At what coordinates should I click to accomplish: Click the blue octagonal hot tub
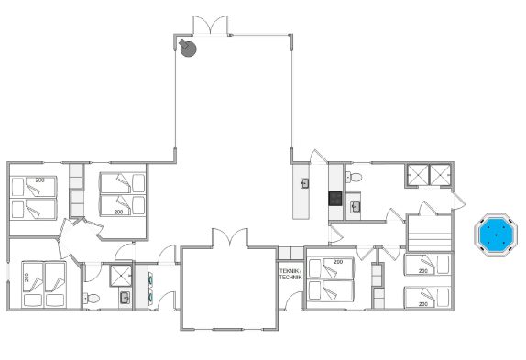(496, 235)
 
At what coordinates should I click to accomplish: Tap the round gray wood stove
(188, 49)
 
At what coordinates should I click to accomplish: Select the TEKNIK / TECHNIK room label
(290, 274)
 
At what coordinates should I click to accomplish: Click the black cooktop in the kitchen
(335, 199)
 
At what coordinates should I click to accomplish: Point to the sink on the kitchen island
(305, 183)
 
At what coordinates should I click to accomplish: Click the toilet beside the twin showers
(354, 177)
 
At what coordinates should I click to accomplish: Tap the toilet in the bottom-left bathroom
(92, 298)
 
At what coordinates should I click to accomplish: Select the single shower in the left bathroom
(120, 276)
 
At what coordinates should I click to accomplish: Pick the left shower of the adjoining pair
(418, 174)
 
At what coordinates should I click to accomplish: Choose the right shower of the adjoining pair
(440, 174)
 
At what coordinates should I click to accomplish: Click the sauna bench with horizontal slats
(429, 233)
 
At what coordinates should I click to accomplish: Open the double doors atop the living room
(211, 25)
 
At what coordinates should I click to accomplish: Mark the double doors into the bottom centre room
(230, 237)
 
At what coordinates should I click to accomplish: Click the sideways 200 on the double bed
(27, 278)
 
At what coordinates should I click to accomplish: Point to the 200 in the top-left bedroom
(40, 180)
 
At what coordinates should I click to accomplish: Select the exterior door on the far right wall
(458, 200)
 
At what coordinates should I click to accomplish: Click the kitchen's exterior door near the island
(318, 157)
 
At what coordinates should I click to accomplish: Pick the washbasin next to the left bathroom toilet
(125, 298)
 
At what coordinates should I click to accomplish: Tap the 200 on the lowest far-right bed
(423, 304)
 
